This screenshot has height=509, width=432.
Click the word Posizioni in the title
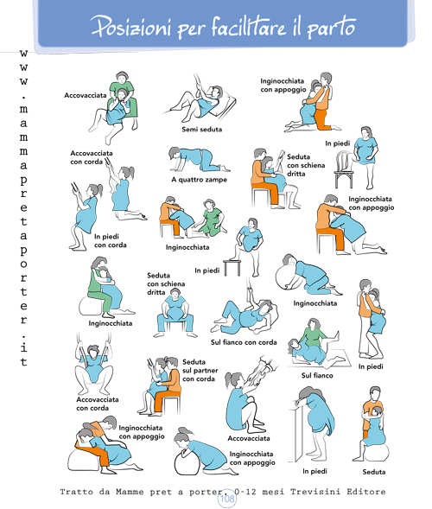(130, 26)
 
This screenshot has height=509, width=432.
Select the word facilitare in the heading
(250, 26)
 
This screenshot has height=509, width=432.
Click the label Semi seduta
(201, 130)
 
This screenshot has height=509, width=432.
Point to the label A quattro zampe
(199, 180)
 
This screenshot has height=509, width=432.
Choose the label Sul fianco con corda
(244, 342)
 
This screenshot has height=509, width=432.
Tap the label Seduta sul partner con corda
(200, 371)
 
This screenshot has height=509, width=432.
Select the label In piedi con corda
(110, 240)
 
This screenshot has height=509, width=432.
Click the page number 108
(227, 499)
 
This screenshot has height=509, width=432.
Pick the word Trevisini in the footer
(315, 492)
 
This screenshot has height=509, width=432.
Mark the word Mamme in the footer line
(130, 492)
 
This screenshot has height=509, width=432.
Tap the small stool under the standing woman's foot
(232, 267)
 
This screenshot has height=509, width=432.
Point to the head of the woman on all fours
(175, 153)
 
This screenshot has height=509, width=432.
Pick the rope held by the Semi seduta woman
(197, 83)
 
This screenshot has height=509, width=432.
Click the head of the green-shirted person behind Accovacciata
(121, 78)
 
